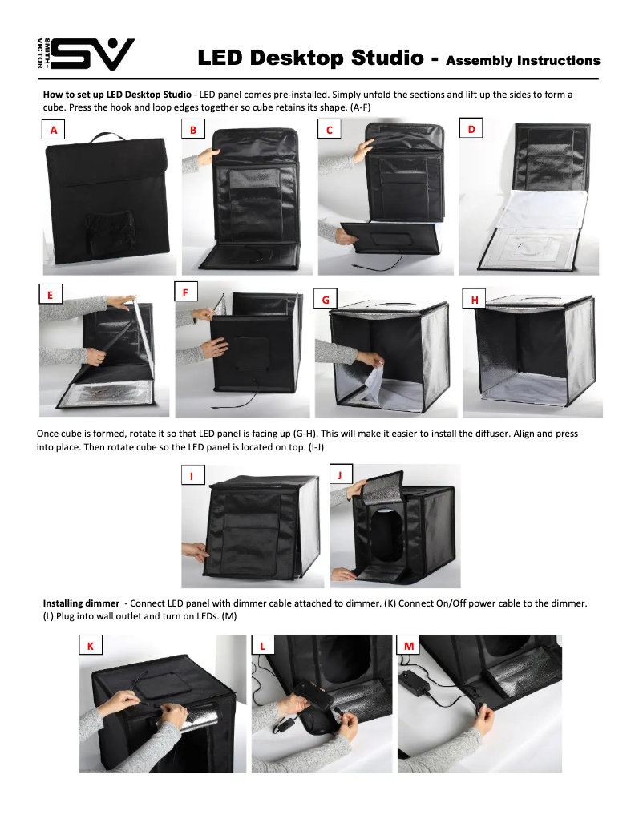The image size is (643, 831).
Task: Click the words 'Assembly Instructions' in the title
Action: [523, 60]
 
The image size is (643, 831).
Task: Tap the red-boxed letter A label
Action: [54, 130]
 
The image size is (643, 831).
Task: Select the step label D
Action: [471, 129]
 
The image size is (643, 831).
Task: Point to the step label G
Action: [326, 299]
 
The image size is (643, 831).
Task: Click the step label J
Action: [340, 474]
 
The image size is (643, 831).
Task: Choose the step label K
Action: [90, 646]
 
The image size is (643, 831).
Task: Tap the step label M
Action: [409, 646]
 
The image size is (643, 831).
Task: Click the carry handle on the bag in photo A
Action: [108, 137]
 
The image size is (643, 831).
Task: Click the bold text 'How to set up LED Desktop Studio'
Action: [117, 95]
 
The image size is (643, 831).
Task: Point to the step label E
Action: [51, 295]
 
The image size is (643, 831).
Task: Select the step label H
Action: [475, 299]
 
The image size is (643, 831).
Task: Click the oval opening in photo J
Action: [389, 537]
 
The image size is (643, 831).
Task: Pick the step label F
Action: [185, 292]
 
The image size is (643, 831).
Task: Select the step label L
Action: [262, 646]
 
